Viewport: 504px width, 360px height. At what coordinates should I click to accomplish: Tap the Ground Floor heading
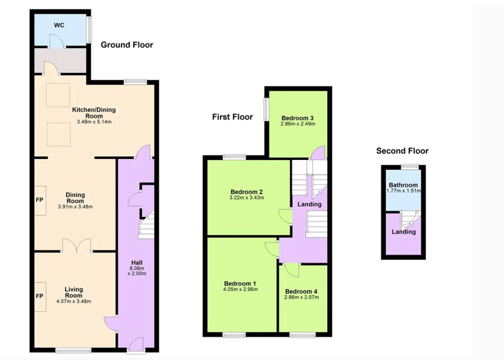point(127,45)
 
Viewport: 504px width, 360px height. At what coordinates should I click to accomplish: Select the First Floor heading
point(233,117)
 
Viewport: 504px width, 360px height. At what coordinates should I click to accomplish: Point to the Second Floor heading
point(402,151)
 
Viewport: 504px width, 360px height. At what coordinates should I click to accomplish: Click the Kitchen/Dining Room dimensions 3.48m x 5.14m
point(94,122)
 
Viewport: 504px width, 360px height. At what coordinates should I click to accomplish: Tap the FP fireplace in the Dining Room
point(40,201)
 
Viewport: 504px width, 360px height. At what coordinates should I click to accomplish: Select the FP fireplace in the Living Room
point(40,297)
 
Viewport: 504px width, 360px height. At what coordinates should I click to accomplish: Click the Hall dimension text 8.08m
point(137,268)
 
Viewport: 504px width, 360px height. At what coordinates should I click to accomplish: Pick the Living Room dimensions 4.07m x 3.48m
point(74,301)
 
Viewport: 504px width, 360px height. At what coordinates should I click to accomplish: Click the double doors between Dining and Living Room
point(77,245)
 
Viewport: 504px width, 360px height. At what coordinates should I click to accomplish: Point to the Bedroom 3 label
point(298,118)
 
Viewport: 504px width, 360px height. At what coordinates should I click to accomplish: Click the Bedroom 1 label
point(240,283)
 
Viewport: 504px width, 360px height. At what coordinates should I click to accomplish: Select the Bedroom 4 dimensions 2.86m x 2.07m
point(302,297)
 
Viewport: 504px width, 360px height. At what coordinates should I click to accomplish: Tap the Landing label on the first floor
point(309,204)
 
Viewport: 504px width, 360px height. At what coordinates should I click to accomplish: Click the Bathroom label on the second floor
point(403,185)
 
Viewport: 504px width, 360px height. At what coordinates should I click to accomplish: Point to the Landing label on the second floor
point(404,232)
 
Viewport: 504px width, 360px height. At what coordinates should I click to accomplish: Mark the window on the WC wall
point(89,30)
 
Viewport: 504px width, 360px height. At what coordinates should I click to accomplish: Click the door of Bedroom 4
point(291,270)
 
